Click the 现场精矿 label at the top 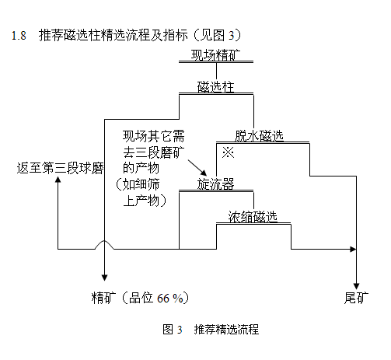215,55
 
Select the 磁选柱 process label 215,86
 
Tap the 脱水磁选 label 259,136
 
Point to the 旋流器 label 215,184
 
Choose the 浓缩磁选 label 253,216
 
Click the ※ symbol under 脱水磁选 228,152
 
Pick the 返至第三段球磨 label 60,168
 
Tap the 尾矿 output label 356,298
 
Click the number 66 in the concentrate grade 163,299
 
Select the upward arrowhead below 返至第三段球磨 58,180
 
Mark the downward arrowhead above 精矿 104,278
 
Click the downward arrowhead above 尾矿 357,286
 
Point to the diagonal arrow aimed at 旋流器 197,168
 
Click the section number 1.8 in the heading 19,36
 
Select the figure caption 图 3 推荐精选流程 211,330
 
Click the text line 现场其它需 154,136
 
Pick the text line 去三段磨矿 154,152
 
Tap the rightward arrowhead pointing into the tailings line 353,250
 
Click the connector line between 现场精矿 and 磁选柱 217,71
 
